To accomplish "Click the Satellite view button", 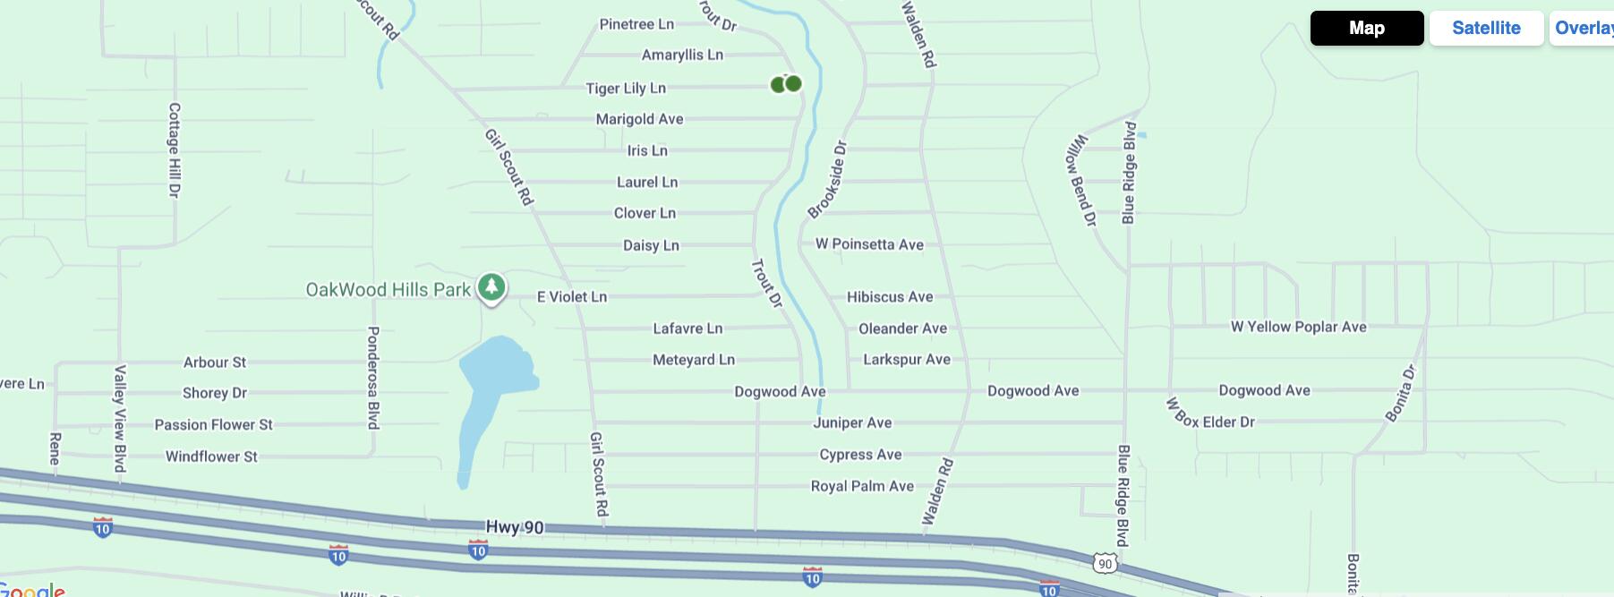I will (x=1486, y=28).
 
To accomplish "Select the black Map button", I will (x=1366, y=28).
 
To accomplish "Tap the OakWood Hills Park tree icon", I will (x=491, y=287).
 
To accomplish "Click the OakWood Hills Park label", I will (x=388, y=290).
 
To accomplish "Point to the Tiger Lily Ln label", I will (x=626, y=88).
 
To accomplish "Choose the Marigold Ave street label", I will (x=639, y=119).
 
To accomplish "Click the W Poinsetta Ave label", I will (x=869, y=244).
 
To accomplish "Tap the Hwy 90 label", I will (x=515, y=527).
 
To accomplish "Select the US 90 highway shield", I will (x=1106, y=564).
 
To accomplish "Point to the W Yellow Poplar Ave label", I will (x=1298, y=327).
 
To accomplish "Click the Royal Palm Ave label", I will (x=862, y=486).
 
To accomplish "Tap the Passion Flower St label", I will (x=213, y=424).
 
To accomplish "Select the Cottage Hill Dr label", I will (x=175, y=149).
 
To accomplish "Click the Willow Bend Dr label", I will (x=1080, y=179).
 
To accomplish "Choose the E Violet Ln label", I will (x=572, y=296).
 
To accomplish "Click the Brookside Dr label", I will (x=827, y=180).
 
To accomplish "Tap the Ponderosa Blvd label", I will (x=373, y=377).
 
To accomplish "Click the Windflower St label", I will (x=211, y=456).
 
